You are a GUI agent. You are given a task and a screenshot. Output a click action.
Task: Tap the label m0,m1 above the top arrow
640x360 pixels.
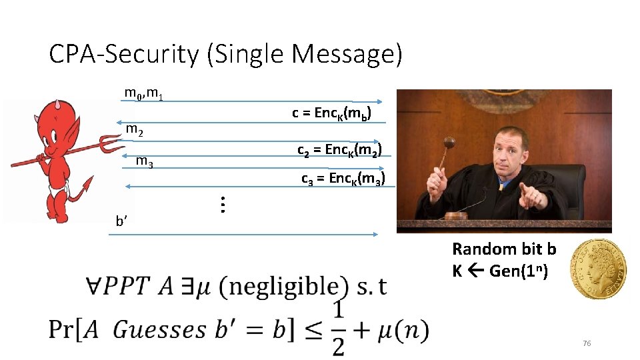[144, 93]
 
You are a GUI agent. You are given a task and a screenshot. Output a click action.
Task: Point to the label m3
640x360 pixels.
[145, 161]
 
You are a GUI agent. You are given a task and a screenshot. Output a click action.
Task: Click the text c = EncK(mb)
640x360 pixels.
[331, 113]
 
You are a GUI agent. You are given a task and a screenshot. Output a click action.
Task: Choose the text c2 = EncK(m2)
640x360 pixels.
[339, 150]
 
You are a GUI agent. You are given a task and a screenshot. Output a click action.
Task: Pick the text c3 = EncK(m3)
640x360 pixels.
[343, 179]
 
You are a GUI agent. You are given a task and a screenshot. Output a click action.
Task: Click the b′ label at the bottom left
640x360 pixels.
[121, 222]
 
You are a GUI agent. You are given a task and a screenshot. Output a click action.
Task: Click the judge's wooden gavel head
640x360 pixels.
[449, 143]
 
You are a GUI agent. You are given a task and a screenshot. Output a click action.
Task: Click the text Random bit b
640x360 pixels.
[504, 249]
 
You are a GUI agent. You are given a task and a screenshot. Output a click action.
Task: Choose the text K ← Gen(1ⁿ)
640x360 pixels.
[500, 271]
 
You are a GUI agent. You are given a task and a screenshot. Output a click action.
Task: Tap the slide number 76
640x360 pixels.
[587, 343]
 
